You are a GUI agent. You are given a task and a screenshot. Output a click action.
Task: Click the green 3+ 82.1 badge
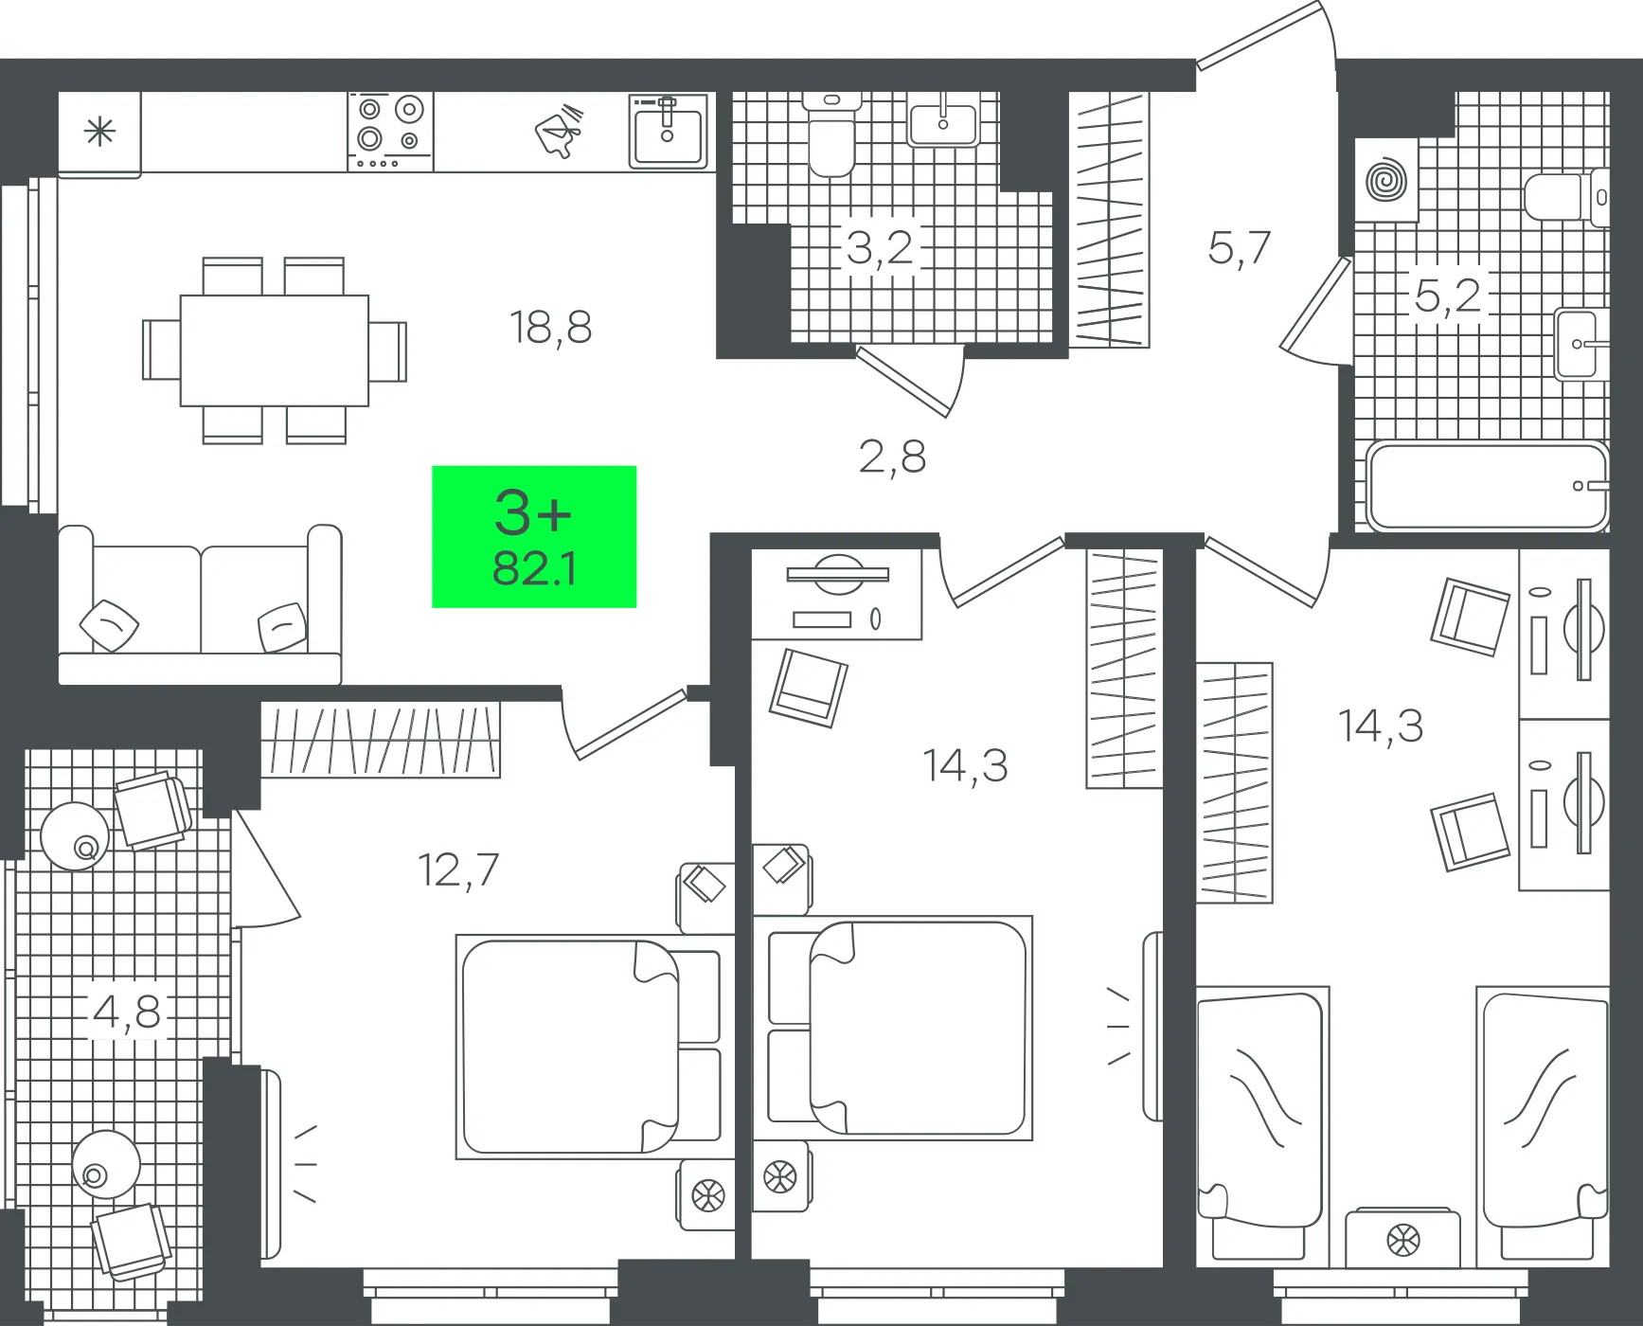click(x=534, y=536)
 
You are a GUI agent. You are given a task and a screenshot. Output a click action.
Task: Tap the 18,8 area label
click(x=551, y=328)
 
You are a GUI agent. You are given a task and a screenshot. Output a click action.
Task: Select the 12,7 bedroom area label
click(x=458, y=870)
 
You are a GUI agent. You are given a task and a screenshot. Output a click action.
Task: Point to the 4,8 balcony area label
click(x=127, y=1012)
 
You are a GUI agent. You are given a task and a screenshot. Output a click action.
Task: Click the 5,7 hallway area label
click(x=1239, y=248)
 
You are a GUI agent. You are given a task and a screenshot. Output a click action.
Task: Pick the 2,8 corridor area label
click(x=892, y=457)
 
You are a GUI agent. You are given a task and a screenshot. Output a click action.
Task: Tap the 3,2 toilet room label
click(x=880, y=248)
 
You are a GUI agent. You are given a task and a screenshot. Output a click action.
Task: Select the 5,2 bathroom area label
click(x=1447, y=296)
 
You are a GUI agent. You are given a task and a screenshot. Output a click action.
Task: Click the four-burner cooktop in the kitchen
click(x=390, y=132)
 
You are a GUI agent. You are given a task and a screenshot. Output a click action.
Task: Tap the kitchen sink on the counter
click(x=669, y=131)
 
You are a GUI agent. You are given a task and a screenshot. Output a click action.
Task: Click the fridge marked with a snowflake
click(x=99, y=134)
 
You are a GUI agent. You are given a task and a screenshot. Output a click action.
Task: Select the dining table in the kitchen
click(x=275, y=350)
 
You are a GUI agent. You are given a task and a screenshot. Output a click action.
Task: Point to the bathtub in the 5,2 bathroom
click(x=1488, y=487)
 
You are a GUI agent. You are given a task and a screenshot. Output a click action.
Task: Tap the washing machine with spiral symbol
click(x=1386, y=181)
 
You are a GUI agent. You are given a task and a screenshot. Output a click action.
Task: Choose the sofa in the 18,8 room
click(x=200, y=605)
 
